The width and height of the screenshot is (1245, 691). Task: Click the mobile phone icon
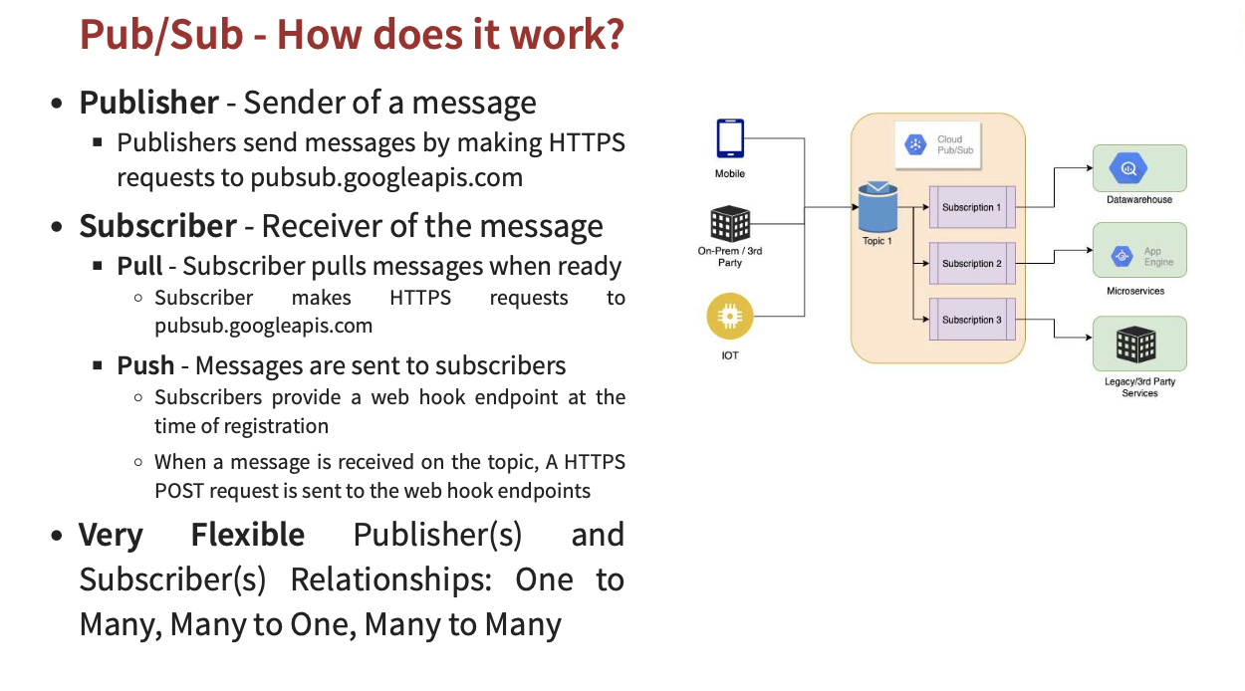[x=730, y=138]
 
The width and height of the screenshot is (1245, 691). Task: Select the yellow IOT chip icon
[x=729, y=318]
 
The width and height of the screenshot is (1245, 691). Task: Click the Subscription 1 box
[x=971, y=207]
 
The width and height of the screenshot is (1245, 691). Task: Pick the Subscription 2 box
[x=971, y=264]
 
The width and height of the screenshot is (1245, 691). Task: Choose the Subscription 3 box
[x=971, y=320]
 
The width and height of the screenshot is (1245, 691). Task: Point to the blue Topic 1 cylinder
[x=876, y=207]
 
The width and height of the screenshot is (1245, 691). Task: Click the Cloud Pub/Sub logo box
[x=937, y=145]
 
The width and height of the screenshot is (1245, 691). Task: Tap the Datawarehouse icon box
[x=1139, y=168]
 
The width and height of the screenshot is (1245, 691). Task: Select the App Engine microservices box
[x=1139, y=257]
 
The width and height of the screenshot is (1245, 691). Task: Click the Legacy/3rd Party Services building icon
[x=1139, y=344]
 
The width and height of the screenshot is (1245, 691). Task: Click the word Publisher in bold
[x=149, y=103]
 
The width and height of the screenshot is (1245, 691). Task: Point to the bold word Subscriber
[x=158, y=226]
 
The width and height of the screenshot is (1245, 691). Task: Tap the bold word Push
[x=145, y=365]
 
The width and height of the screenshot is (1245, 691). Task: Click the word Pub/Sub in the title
[x=161, y=35]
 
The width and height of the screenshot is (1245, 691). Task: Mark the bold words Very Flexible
[x=192, y=535]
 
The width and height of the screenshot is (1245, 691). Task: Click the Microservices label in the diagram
[x=1135, y=292]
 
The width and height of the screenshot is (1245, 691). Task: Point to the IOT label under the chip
[x=730, y=355]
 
